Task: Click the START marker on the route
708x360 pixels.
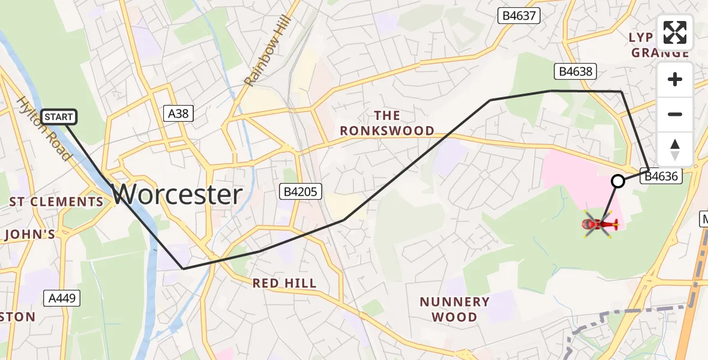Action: pos(59,117)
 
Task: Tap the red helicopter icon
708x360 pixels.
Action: pos(599,225)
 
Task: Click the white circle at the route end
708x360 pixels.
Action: pos(617,181)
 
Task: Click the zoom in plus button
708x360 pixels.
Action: pos(675,80)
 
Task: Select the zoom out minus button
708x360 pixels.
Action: pos(675,114)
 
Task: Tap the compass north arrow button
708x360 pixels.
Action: pos(675,149)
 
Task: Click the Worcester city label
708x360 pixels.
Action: pos(177,194)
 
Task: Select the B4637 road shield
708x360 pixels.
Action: pos(519,16)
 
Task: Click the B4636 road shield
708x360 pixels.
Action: pos(661,176)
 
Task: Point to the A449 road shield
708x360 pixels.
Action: pos(62,298)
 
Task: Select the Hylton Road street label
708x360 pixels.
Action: pos(44,129)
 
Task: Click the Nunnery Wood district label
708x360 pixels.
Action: pos(454,309)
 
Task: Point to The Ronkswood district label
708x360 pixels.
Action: pos(386,123)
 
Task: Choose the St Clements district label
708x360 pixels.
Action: pos(56,202)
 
